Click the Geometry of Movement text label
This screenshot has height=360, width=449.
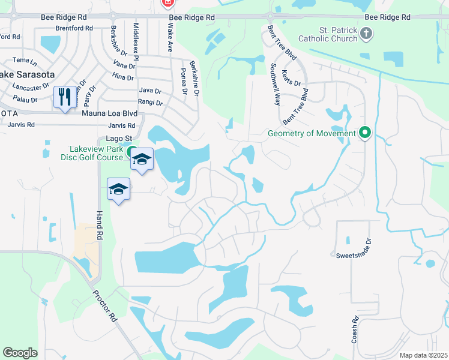(312, 133)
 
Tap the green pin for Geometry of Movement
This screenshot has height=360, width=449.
(364, 133)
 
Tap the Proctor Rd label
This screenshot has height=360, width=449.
(104, 307)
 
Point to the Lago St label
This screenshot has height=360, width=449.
(118, 138)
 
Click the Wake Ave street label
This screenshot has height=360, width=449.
(170, 38)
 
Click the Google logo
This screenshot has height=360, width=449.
(20, 353)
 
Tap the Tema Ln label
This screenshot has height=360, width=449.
(25, 61)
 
